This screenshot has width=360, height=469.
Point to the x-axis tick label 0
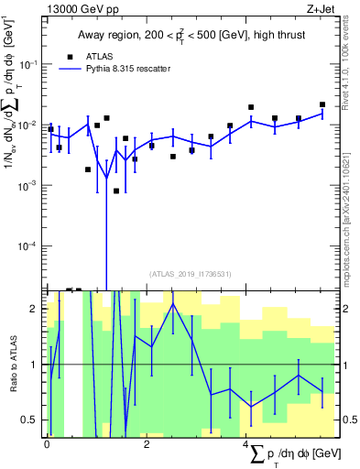pyautogui.click(x=47, y=444)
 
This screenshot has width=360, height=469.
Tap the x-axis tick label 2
pyautogui.click(x=147, y=444)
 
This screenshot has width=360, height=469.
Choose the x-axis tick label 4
pyautogui.click(x=245, y=444)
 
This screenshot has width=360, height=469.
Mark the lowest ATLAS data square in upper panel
pyautogui.click(x=116, y=191)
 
